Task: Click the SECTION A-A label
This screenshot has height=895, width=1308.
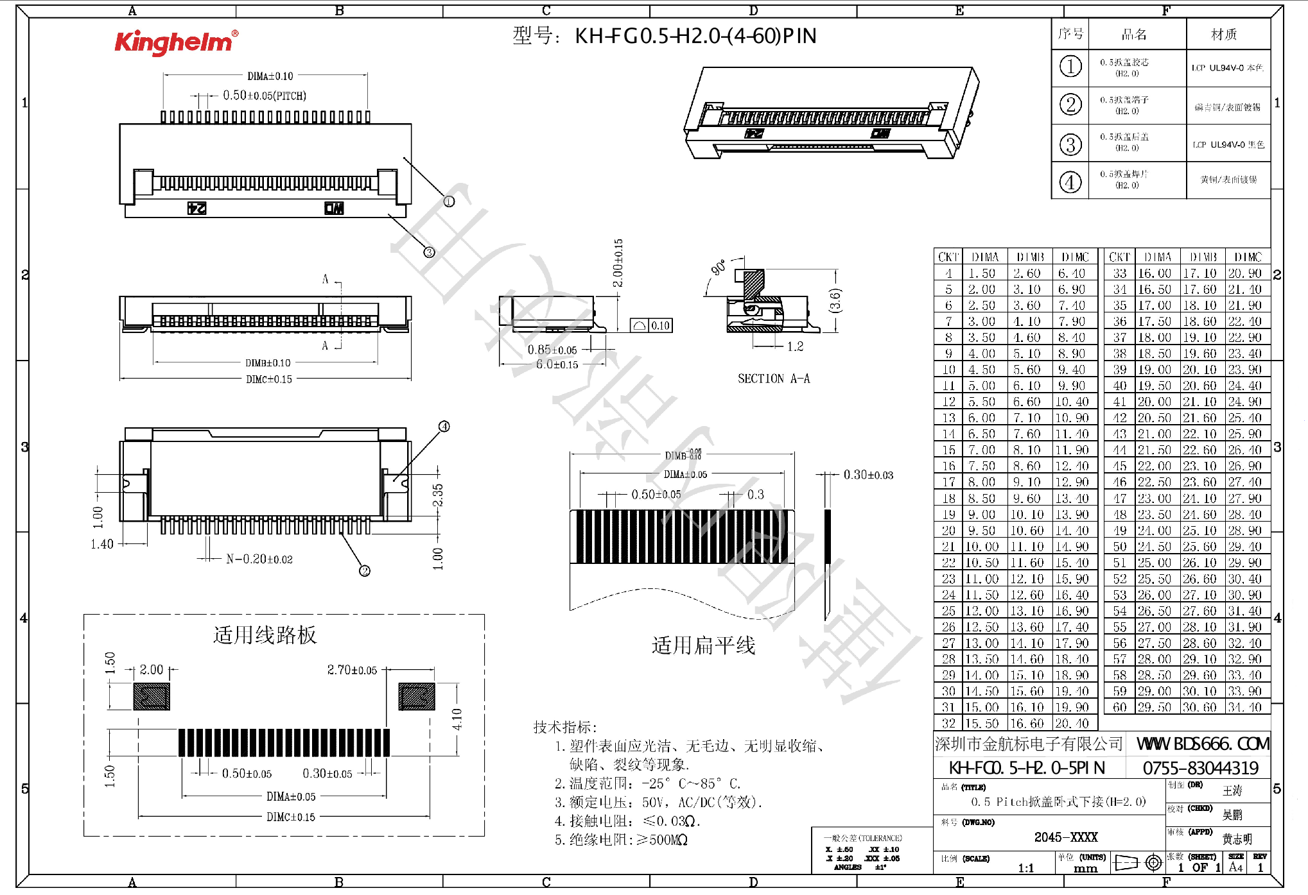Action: coord(773,379)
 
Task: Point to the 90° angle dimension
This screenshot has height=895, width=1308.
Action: coord(719,267)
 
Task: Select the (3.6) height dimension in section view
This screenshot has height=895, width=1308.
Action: coord(835,301)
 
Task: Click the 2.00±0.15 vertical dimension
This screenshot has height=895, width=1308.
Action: coord(618,263)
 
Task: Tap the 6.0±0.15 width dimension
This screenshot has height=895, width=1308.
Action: coord(557,364)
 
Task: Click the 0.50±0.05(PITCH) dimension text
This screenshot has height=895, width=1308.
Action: coord(264,96)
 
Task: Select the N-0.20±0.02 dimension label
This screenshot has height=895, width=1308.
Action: coord(259,559)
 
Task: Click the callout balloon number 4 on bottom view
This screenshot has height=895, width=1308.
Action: coord(444,427)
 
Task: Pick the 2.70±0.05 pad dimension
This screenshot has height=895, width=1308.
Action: coord(352,670)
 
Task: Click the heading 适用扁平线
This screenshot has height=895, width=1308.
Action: coord(703,645)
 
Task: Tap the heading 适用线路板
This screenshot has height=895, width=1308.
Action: coord(265,635)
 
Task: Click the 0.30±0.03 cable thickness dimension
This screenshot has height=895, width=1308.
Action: coord(868,475)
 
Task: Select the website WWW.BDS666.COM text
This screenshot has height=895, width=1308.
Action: coord(1202,744)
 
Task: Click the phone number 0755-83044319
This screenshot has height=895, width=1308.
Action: coord(1200,768)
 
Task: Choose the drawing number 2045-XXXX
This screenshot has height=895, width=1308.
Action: coord(1065,837)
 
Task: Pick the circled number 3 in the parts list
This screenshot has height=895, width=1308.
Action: coord(1070,144)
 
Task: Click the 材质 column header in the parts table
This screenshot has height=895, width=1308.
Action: coord(1223,34)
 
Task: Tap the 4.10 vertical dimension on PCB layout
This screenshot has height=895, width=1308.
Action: coord(457,719)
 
